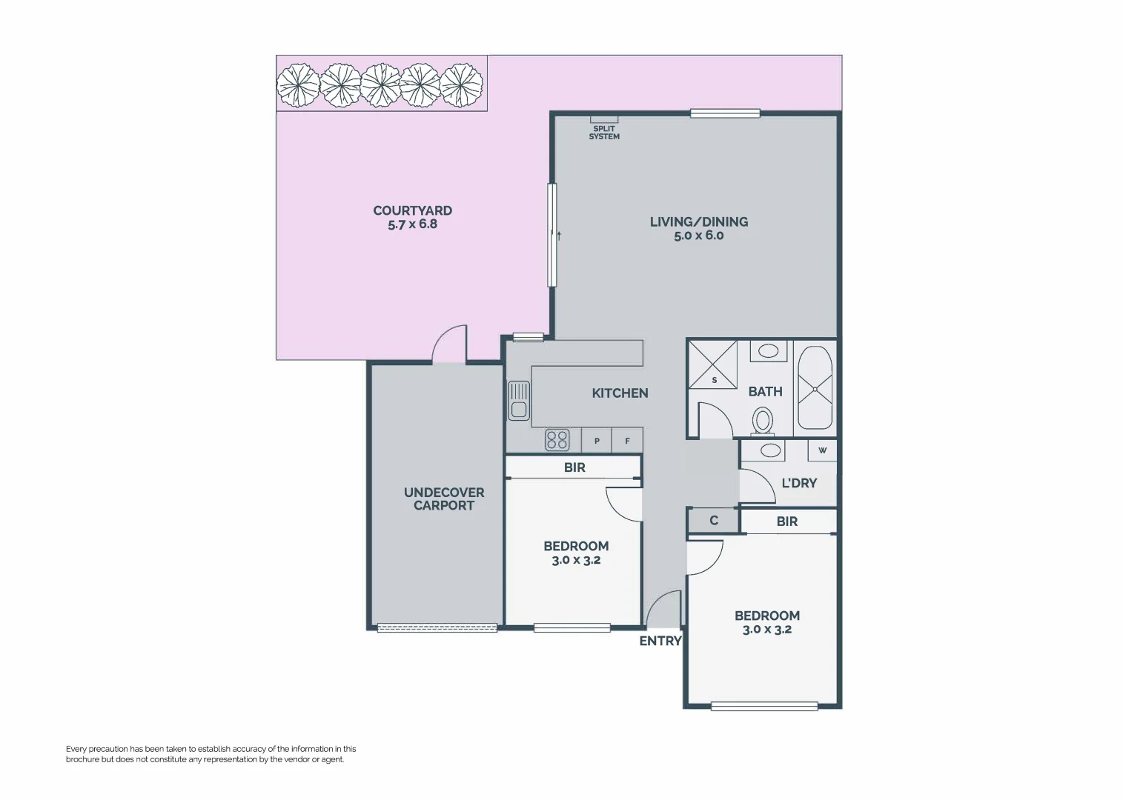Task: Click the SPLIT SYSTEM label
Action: (x=604, y=133)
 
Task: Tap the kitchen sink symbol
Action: (x=518, y=400)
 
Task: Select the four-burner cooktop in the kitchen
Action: (x=557, y=440)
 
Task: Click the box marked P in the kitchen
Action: (x=597, y=441)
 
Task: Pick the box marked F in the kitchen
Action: (x=627, y=441)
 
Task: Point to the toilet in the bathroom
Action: (x=763, y=422)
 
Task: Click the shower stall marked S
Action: (x=713, y=364)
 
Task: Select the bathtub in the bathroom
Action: (x=815, y=387)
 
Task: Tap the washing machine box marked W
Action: (x=822, y=450)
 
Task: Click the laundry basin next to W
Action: (x=771, y=450)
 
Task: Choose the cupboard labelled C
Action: (x=714, y=521)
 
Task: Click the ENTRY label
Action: (x=660, y=641)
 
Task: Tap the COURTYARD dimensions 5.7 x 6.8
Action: (x=413, y=224)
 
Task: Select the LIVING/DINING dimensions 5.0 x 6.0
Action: (x=698, y=236)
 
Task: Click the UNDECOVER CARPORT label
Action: (x=444, y=499)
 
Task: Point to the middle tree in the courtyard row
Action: (x=381, y=84)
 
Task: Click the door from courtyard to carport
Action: (x=450, y=344)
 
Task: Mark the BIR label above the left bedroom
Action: (x=574, y=467)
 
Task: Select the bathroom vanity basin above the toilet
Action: (x=769, y=350)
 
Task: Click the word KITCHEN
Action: (x=620, y=393)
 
